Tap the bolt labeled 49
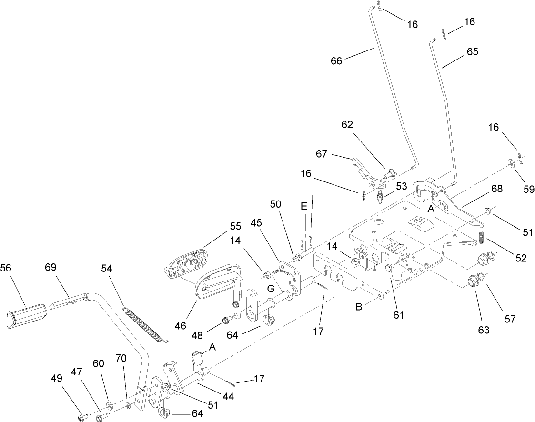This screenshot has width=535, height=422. tap(81, 418)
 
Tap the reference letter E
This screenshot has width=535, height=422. tap(304, 207)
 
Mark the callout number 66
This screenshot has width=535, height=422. tap(336, 61)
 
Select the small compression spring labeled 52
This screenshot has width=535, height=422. tap(481, 236)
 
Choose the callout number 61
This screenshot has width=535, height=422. tap(399, 314)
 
